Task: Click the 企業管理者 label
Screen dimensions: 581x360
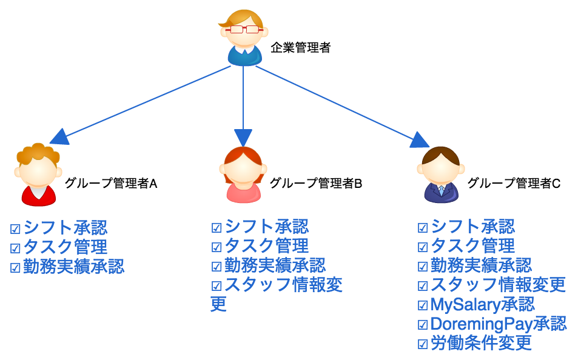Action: point(300,47)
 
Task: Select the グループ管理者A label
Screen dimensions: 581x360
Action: point(111,183)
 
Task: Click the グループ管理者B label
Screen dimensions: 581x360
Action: point(316,183)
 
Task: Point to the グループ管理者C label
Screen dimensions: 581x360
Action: point(514,183)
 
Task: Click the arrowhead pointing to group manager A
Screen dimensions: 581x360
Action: point(60,137)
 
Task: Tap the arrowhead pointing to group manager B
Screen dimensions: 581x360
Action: point(243,138)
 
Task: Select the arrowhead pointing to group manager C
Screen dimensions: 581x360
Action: point(419,141)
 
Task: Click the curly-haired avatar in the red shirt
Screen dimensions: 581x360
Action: point(38,174)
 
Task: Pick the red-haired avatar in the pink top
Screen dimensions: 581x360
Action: point(243,175)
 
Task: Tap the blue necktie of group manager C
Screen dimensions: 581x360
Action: point(442,190)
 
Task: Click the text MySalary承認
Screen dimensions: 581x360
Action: point(482,304)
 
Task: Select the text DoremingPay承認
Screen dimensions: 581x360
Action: point(499,324)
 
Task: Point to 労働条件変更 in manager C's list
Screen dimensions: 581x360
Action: point(481,343)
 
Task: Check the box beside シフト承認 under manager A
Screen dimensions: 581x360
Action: point(15,229)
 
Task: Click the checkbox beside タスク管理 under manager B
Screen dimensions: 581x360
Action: point(217,247)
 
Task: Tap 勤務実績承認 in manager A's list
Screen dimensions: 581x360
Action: point(74,266)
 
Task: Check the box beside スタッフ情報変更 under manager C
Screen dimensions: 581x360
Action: point(423,285)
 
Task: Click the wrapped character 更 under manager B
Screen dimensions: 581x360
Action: point(218,304)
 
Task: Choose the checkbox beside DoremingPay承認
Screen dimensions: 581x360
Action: point(423,324)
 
